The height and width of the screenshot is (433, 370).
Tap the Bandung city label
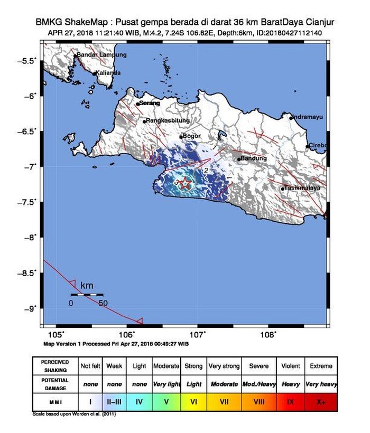click(252, 158)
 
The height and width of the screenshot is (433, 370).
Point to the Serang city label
click(150, 103)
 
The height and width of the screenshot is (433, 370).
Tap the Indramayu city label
click(308, 117)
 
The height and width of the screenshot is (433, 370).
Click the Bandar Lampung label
click(101, 55)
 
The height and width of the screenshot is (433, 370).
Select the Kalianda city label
click(108, 73)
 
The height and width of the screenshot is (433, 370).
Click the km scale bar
click(87, 294)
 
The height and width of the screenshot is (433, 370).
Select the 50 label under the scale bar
click(103, 303)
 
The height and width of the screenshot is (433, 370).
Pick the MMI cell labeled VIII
click(258, 402)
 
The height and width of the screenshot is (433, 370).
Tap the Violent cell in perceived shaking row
click(290, 366)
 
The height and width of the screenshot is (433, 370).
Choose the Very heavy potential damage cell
click(321, 384)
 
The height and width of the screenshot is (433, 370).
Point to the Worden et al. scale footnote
click(74, 413)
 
